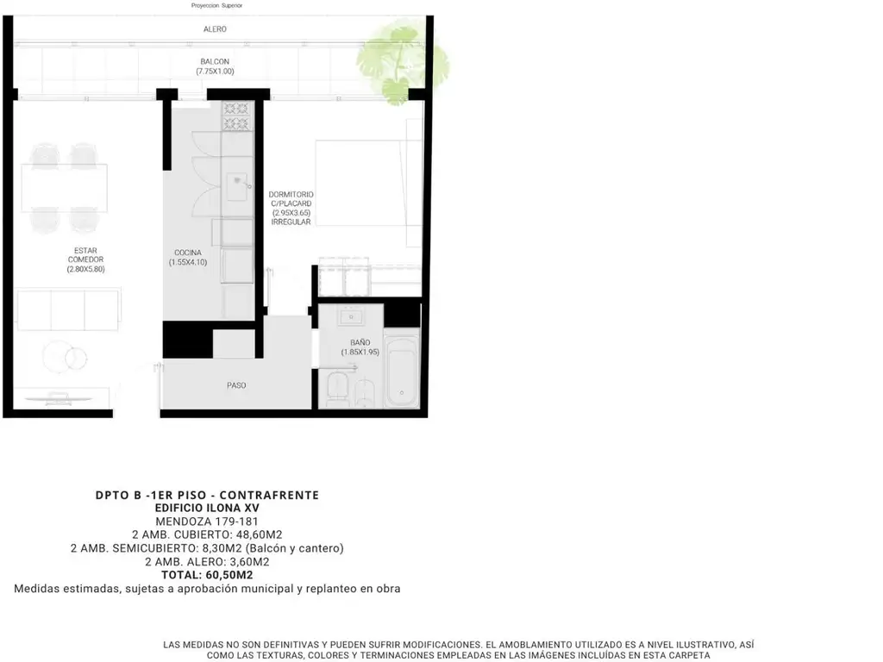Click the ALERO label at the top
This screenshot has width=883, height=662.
tap(215, 29)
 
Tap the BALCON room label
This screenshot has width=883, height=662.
tap(215, 62)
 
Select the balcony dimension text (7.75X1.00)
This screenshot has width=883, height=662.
tap(215, 72)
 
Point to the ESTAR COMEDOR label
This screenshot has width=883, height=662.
tap(85, 255)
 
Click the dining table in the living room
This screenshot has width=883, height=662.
tap(64, 187)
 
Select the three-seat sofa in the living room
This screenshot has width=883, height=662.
tap(68, 309)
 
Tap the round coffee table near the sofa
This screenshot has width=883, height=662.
tap(65, 357)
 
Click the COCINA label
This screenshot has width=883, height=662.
tap(187, 253)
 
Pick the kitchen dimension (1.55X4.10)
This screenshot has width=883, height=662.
tap(187, 262)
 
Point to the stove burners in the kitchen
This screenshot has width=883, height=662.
tap(236, 116)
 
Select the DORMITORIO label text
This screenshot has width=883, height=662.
tap(291, 195)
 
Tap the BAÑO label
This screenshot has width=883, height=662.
tap(360, 343)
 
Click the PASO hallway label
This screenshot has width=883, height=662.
tap(236, 385)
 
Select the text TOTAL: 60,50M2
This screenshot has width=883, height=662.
tap(207, 575)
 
